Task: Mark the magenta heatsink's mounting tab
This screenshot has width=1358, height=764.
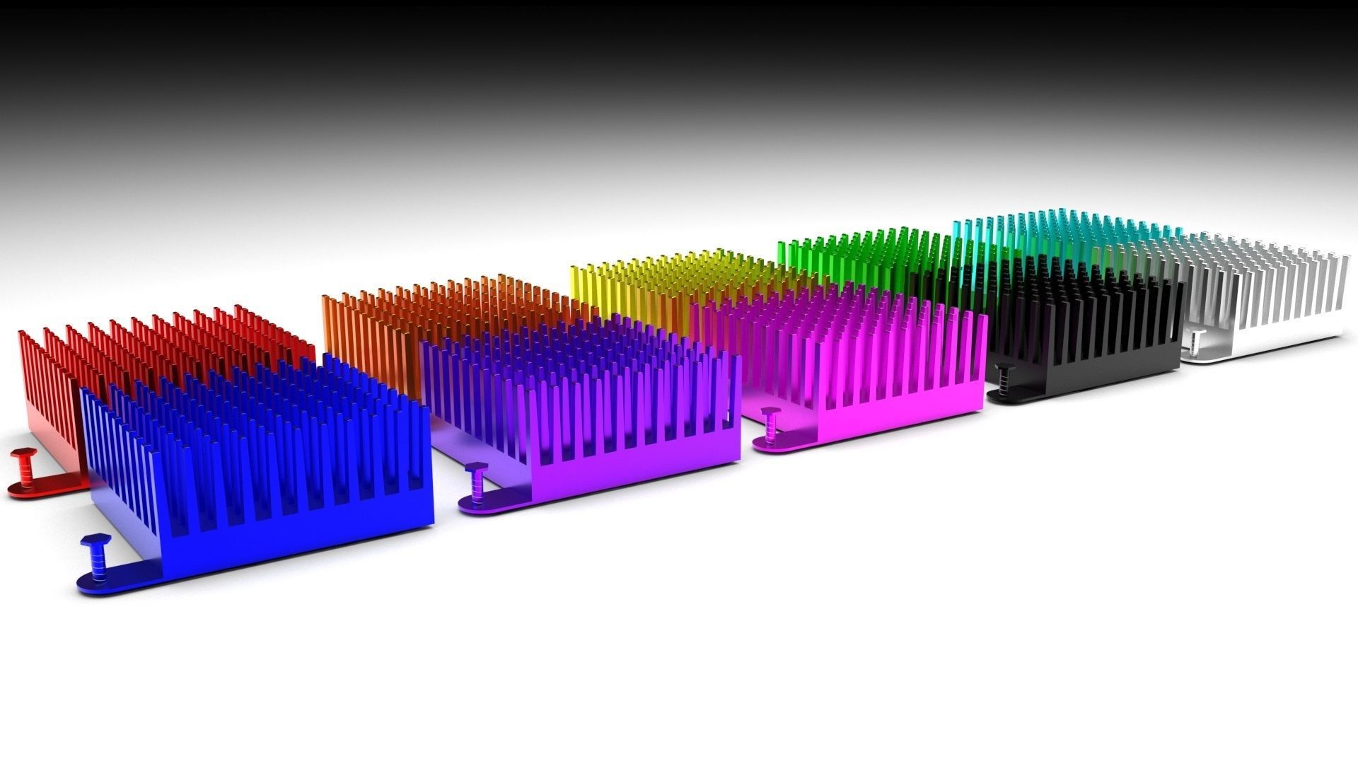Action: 785,442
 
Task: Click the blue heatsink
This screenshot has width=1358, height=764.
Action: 283,460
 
